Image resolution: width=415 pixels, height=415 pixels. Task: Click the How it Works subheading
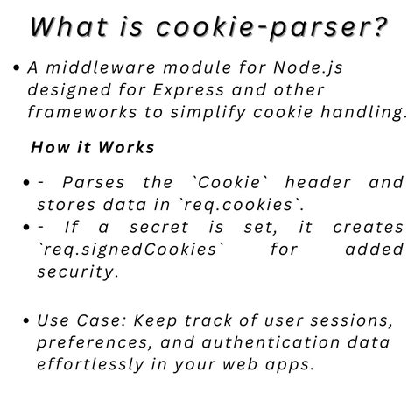[x=93, y=146]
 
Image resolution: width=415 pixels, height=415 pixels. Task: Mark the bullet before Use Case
[x=28, y=320]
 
